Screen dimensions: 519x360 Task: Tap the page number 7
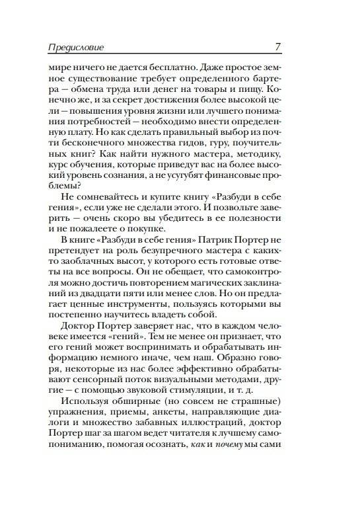pos(278,47)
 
